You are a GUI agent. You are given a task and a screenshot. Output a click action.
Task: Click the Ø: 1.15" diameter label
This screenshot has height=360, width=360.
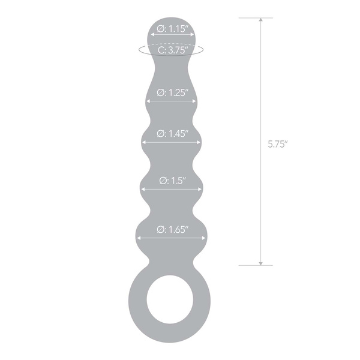172,28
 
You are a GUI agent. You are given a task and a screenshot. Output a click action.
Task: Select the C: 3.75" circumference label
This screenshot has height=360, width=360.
173,50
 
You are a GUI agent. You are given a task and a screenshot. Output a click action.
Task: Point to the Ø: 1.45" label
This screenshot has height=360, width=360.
173,133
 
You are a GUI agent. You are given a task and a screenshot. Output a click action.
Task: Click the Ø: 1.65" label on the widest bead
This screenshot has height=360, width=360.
173,229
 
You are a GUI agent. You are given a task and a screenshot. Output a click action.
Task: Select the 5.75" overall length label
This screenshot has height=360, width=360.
278,144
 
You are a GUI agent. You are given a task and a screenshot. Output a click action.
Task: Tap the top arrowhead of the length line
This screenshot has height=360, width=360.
261,20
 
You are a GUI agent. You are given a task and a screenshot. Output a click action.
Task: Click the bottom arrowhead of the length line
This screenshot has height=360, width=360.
261,262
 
